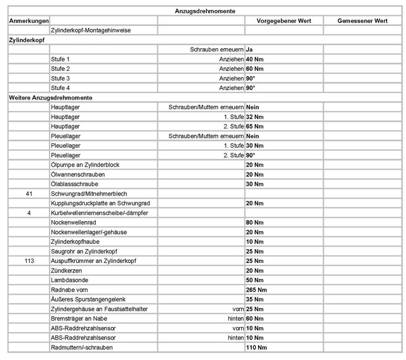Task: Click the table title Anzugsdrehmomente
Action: [206, 11]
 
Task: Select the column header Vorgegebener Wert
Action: [284, 21]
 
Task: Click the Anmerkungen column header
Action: [28, 21]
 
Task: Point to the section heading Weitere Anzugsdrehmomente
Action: [51, 98]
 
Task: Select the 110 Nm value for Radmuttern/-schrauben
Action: [256, 347]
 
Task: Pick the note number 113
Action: [29, 260]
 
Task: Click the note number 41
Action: [29, 193]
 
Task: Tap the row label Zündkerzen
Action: [65, 271]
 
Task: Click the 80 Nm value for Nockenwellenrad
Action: [254, 222]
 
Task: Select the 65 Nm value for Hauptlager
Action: [254, 126]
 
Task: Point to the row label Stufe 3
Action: [60, 78]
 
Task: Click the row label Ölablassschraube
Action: [74, 184]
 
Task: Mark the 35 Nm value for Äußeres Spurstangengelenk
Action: [254, 299]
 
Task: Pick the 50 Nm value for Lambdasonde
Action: [254, 280]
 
